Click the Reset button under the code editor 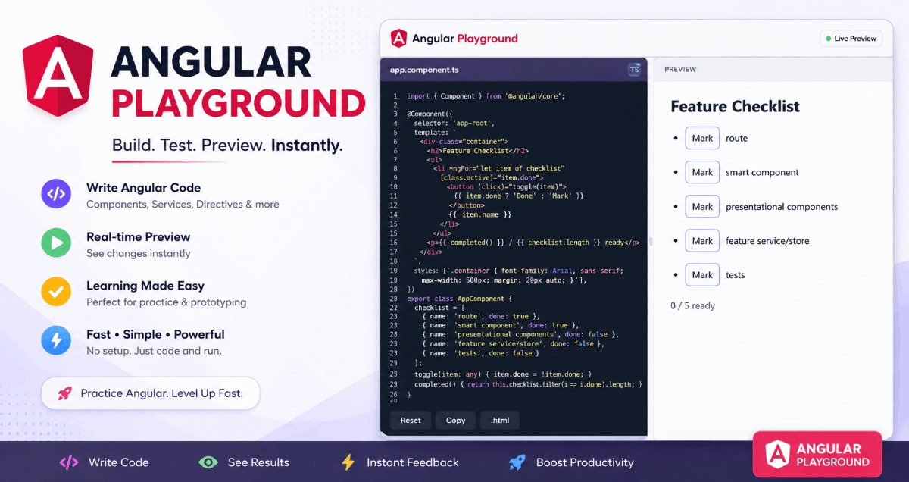411,421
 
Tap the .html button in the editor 499,421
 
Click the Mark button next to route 702,138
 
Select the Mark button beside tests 702,275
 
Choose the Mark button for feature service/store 702,241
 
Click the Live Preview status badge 851,39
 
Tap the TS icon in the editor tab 634,70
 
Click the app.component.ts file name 424,70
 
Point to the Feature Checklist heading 735,106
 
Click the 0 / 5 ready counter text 692,305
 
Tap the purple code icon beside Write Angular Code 56,194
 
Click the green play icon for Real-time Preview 56,243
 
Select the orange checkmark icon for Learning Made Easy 56,292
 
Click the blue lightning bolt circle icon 56,340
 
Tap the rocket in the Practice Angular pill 65,393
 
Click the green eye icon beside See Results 208,462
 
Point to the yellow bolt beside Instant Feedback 348,462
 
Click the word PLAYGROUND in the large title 239,104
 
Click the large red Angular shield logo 58,76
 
